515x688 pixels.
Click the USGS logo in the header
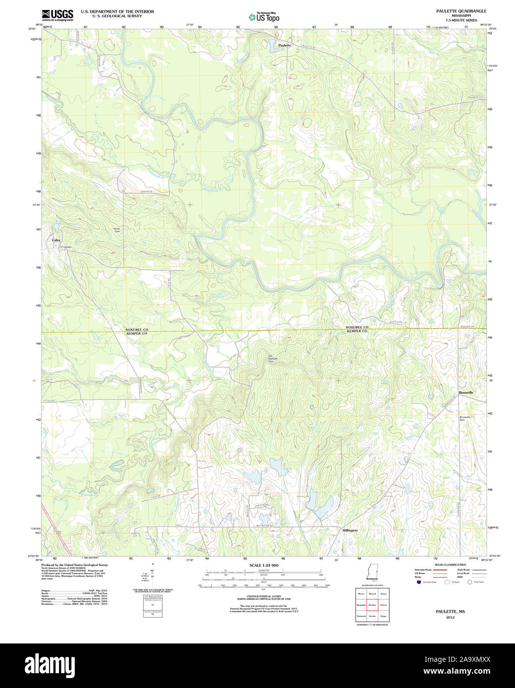pyautogui.click(x=57, y=14)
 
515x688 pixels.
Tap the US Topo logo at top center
pyautogui.click(x=263, y=17)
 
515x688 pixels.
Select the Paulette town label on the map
pyautogui.click(x=285, y=45)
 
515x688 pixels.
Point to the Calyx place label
pyautogui.click(x=56, y=240)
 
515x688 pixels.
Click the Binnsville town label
pyautogui.click(x=465, y=392)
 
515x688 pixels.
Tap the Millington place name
pyautogui.click(x=350, y=530)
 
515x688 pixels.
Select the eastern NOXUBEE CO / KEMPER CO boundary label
pyautogui.click(x=357, y=329)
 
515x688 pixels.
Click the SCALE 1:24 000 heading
pyautogui.click(x=263, y=565)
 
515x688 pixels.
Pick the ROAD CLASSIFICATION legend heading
pyautogui.click(x=450, y=565)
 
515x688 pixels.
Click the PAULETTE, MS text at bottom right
pyautogui.click(x=450, y=612)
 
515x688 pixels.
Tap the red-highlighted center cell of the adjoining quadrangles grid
pyautogui.click(x=372, y=605)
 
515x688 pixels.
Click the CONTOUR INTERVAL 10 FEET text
pyautogui.click(x=263, y=597)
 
